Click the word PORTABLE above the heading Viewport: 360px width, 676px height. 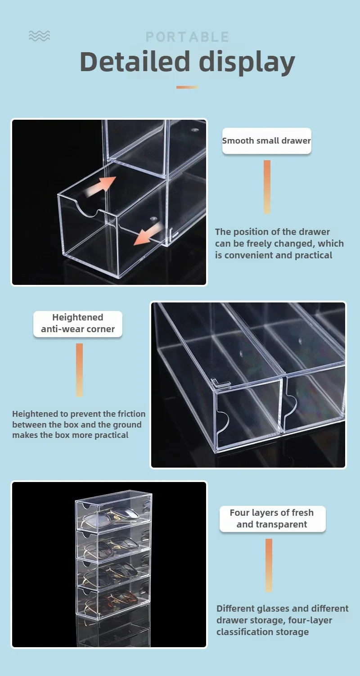click(x=187, y=37)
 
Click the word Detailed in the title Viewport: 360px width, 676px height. click(x=135, y=62)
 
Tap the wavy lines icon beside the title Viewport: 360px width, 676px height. click(x=39, y=36)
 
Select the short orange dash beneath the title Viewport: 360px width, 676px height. click(x=187, y=87)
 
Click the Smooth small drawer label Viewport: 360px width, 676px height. click(x=266, y=140)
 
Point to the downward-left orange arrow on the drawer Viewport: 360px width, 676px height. click(x=147, y=234)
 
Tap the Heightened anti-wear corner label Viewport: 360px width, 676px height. click(x=78, y=324)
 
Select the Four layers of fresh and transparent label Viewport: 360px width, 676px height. click(x=272, y=518)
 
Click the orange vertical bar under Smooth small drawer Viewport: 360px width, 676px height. click(x=267, y=187)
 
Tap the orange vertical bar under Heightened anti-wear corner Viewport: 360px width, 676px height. click(x=79, y=370)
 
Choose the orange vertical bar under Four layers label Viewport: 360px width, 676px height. click(x=269, y=565)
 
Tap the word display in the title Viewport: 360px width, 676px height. click(x=247, y=63)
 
